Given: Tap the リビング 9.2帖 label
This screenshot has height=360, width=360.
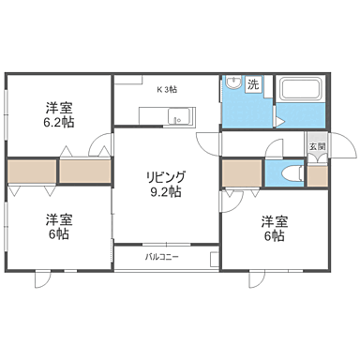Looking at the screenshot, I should click(x=163, y=184).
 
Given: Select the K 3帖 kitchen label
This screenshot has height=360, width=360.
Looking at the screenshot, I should click(x=166, y=90).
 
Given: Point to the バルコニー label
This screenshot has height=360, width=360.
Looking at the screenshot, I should click(x=161, y=255).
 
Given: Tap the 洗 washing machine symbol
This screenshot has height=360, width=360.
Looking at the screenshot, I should click(x=253, y=85).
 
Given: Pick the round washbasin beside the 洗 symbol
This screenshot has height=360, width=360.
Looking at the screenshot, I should click(x=232, y=85).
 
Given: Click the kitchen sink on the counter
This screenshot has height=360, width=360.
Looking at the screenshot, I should click(x=179, y=117).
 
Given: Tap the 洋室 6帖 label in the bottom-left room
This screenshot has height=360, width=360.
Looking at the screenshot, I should click(x=58, y=227).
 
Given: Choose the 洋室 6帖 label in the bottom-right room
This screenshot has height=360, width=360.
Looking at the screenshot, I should click(x=274, y=228).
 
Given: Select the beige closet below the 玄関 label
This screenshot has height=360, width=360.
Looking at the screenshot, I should click(x=317, y=175).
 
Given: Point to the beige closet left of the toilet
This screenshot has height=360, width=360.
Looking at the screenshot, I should click(x=242, y=174).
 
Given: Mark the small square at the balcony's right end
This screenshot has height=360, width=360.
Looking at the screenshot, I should click(x=215, y=256).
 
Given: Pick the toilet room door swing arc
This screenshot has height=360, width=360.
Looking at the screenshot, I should click(x=276, y=148).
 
